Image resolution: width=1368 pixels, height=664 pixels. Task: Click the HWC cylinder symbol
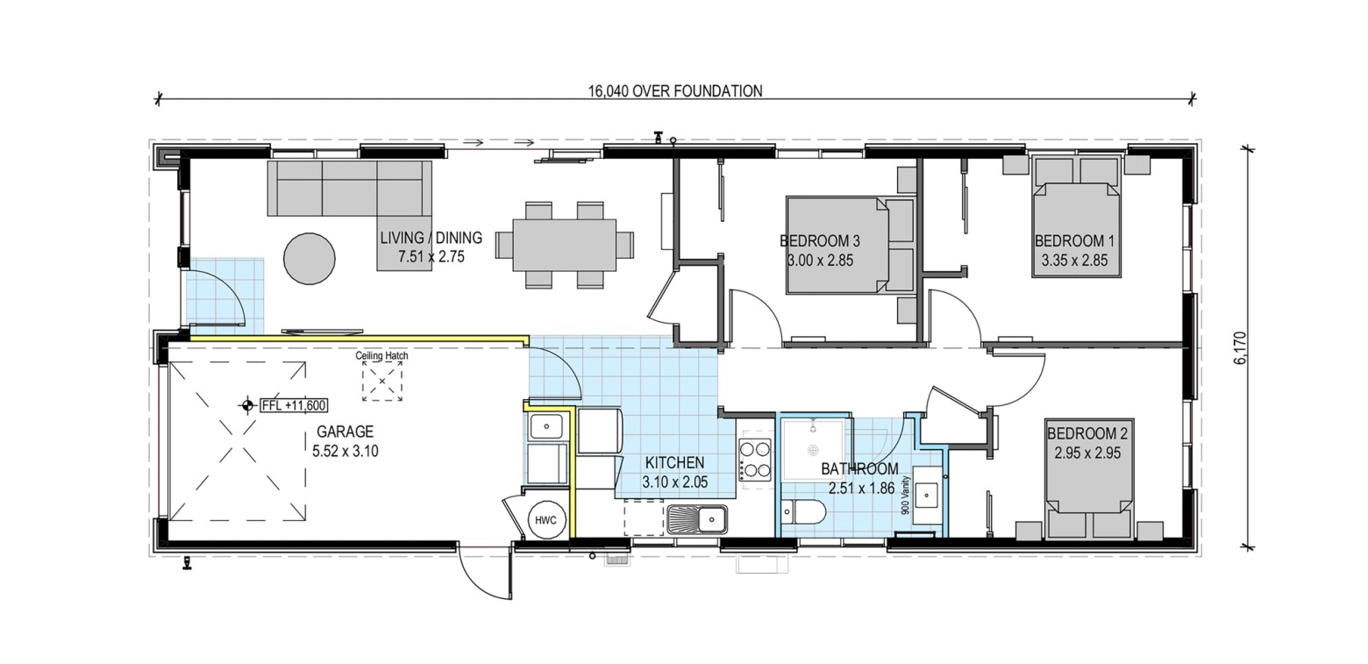pyautogui.click(x=545, y=520)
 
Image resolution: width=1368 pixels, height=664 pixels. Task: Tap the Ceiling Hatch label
pyautogui.click(x=381, y=355)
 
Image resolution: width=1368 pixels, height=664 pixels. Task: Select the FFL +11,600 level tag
pyautogui.click(x=294, y=405)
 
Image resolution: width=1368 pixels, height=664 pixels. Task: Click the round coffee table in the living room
pyautogui.click(x=309, y=259)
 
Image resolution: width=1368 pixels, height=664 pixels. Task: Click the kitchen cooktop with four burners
pyautogui.click(x=755, y=460)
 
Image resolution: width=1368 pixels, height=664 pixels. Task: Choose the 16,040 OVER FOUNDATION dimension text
pyautogui.click(x=675, y=91)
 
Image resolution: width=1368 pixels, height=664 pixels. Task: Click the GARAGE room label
pyautogui.click(x=345, y=432)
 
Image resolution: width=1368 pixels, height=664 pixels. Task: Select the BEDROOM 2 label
pyautogui.click(x=1087, y=433)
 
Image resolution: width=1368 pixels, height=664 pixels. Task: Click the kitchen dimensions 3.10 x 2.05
pyautogui.click(x=675, y=482)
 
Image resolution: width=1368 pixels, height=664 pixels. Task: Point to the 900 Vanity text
pyautogui.click(x=906, y=496)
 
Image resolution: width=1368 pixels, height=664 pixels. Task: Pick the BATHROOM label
pyautogui.click(x=859, y=469)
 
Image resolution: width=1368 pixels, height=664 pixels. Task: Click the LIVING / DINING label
pyautogui.click(x=431, y=238)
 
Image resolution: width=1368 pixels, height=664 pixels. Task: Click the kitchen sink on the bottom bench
pyautogui.click(x=697, y=520)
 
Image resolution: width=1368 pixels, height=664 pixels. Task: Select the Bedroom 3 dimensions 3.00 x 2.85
pyautogui.click(x=820, y=261)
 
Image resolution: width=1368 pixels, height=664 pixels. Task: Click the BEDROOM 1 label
pyautogui.click(x=1069, y=240)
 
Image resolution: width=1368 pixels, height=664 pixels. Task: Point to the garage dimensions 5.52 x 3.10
pyautogui.click(x=345, y=452)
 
